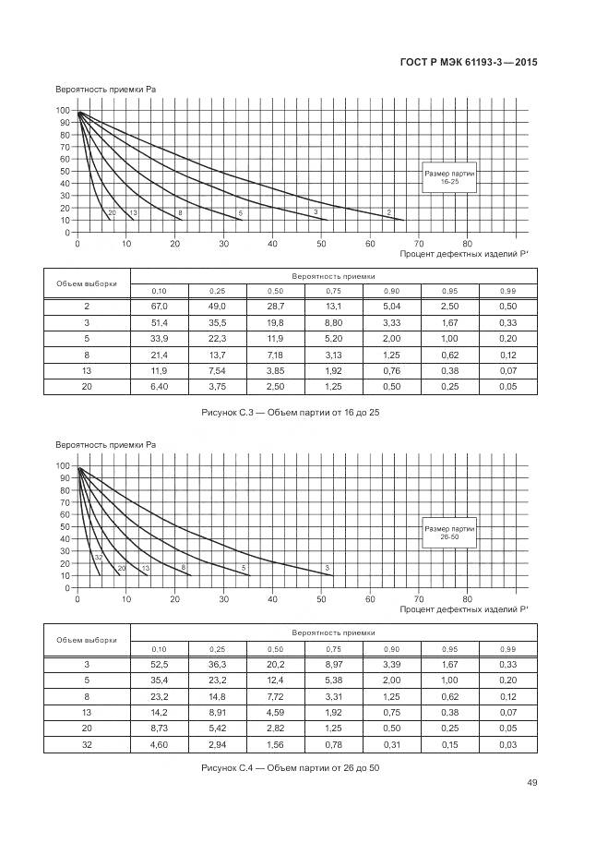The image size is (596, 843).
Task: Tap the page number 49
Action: (x=531, y=783)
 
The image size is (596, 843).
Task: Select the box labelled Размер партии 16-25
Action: (x=448, y=176)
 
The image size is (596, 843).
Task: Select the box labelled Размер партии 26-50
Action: (x=449, y=532)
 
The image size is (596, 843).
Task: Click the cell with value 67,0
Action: (x=159, y=307)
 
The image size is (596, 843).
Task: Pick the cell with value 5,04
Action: (x=391, y=307)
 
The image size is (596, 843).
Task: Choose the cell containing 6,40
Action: (x=159, y=386)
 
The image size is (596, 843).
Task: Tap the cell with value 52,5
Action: (x=159, y=665)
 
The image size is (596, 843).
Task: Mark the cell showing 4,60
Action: (x=159, y=744)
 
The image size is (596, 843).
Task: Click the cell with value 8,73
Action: (x=159, y=729)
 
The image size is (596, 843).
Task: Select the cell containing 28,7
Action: (x=275, y=307)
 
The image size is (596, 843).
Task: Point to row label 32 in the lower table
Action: (x=87, y=744)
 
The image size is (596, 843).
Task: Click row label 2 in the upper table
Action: (x=87, y=307)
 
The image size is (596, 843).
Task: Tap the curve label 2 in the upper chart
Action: (x=388, y=213)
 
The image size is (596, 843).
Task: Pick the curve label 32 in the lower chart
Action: (x=98, y=557)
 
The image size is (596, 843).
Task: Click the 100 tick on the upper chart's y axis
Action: (x=64, y=111)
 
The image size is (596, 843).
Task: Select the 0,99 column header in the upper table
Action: (x=507, y=292)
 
